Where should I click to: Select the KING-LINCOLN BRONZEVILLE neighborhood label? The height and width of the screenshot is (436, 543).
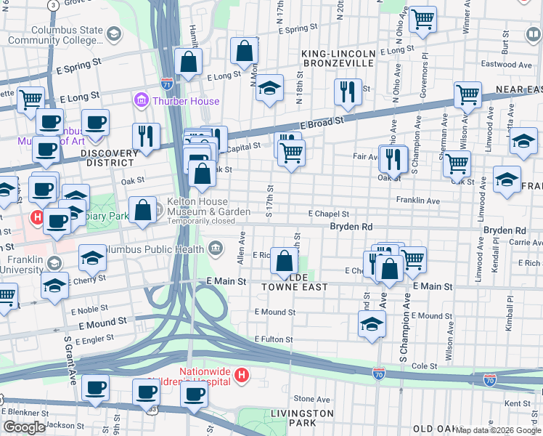point(339,59)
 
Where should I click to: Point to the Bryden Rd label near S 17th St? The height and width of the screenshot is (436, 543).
point(351,227)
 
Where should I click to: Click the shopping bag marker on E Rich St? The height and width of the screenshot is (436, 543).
point(284,262)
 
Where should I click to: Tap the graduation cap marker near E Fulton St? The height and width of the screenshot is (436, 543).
point(371,324)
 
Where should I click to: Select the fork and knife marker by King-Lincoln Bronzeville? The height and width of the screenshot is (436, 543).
point(347,92)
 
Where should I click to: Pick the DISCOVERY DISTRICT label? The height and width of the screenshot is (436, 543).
point(109,154)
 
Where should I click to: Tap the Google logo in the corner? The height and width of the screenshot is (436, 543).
point(24,427)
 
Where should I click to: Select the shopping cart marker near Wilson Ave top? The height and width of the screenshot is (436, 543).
point(468,94)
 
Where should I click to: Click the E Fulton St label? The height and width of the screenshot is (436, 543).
point(274,339)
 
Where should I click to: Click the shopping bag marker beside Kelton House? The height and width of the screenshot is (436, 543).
point(143,210)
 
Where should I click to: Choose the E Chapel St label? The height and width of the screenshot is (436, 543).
point(328,214)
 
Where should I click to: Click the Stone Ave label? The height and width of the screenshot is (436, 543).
point(312,399)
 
